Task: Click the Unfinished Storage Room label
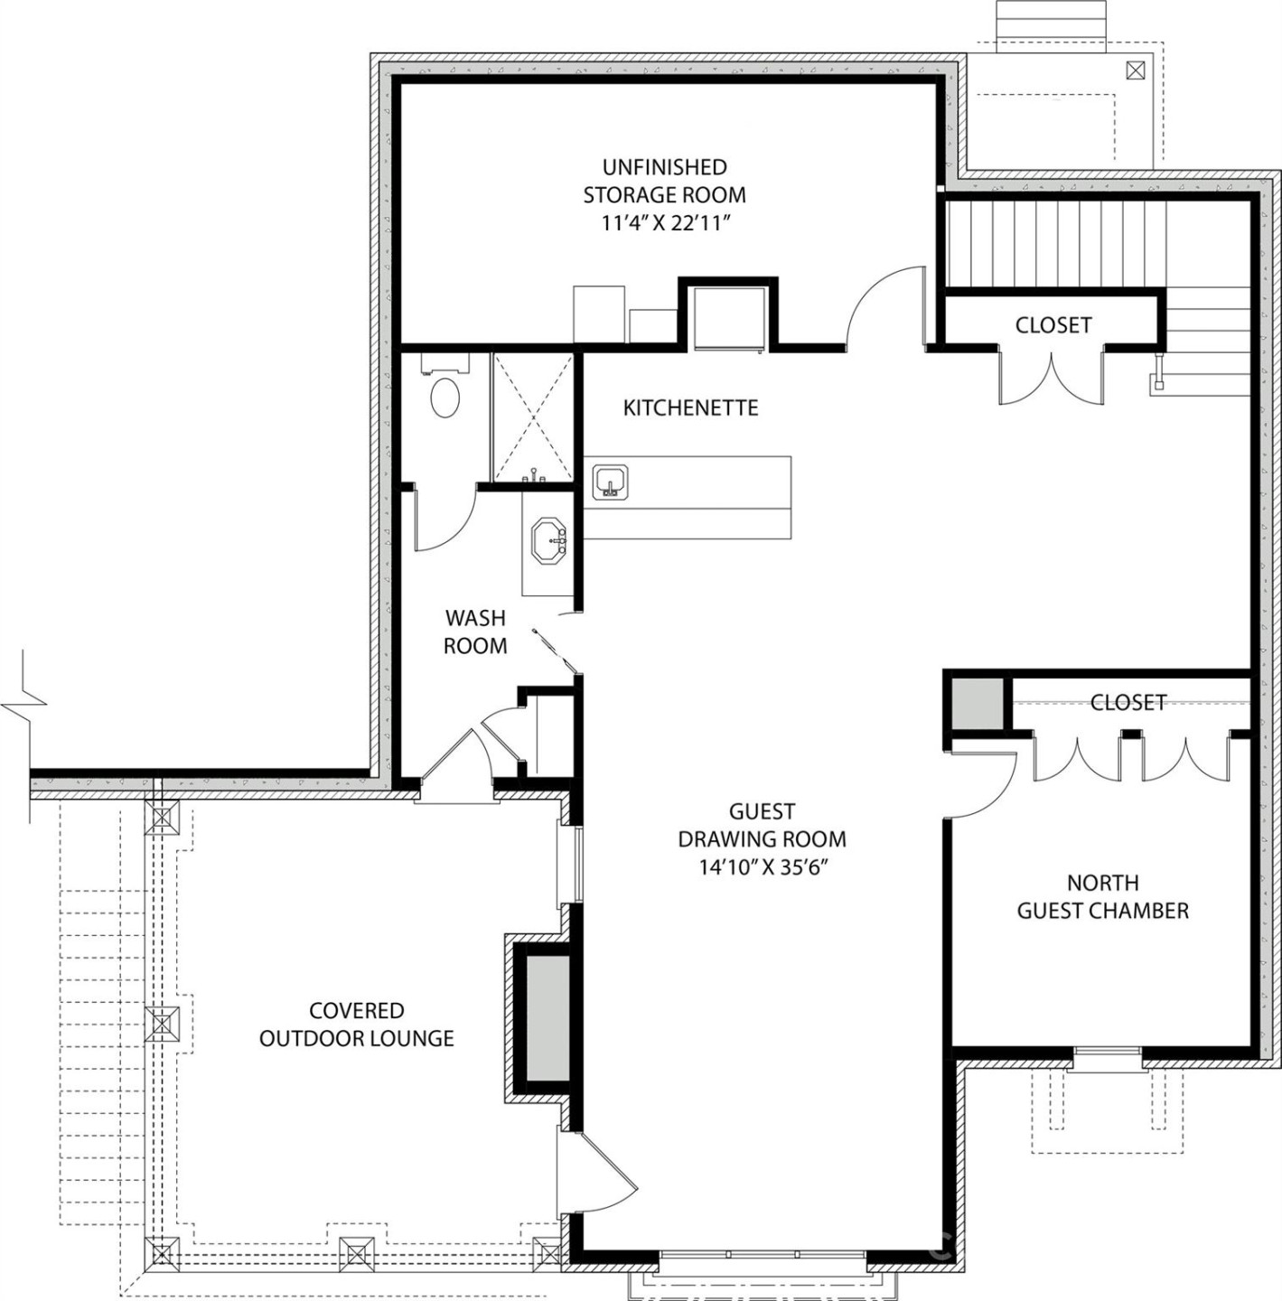click(x=664, y=181)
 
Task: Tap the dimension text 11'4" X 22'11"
click(x=665, y=223)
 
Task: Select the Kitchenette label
click(x=690, y=407)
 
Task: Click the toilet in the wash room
click(x=444, y=396)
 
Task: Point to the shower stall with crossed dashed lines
click(x=533, y=417)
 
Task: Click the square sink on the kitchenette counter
click(x=611, y=481)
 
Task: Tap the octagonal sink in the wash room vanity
click(x=548, y=541)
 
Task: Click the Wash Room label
click(x=475, y=632)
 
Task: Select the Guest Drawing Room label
click(x=762, y=825)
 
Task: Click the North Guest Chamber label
click(x=1102, y=896)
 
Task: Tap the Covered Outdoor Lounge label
click(x=356, y=1025)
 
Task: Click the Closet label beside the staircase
click(x=1053, y=324)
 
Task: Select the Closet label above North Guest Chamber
click(x=1128, y=702)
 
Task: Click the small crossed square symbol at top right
click(x=1136, y=70)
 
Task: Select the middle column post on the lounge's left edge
click(x=163, y=1024)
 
